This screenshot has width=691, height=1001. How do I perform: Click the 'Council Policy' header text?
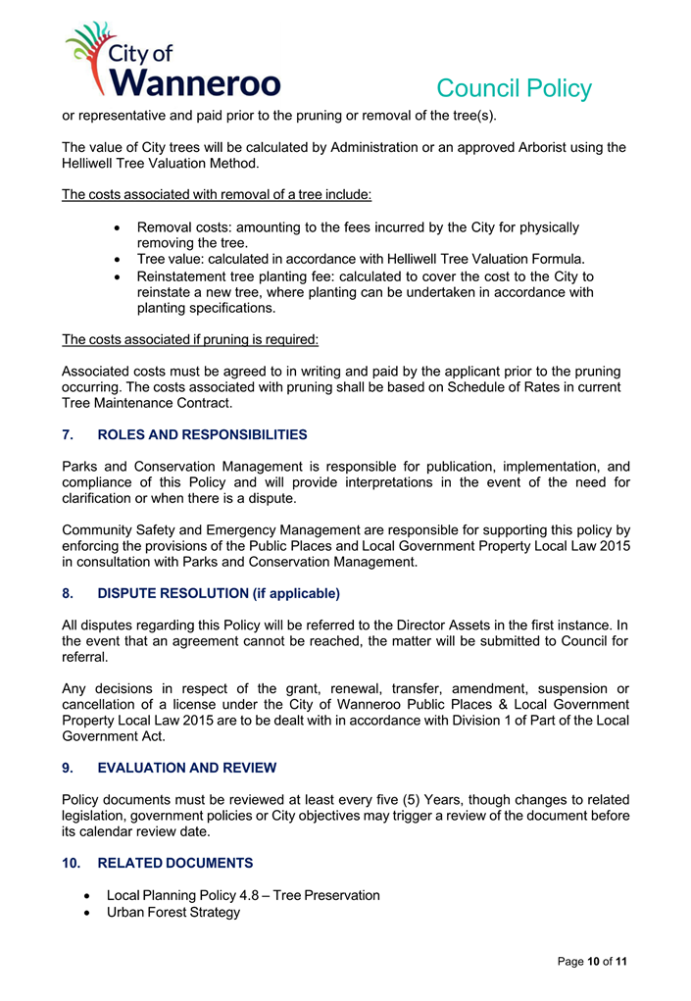[x=514, y=88]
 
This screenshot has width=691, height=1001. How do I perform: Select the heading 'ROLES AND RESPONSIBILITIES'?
[x=202, y=434]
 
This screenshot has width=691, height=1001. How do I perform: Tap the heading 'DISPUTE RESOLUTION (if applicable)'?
[x=218, y=593]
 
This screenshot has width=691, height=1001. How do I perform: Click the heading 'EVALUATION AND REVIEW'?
[x=186, y=768]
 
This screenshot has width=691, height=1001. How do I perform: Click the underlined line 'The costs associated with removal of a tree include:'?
[x=217, y=194]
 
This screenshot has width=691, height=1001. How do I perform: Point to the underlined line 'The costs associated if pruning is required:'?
[x=190, y=339]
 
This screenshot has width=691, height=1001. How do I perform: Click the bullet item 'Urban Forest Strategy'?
[x=173, y=913]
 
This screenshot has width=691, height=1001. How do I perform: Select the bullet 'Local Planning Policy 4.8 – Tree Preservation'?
[x=243, y=895]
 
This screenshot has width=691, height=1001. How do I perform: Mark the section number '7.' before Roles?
[x=69, y=434]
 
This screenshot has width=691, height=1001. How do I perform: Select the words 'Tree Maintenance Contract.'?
[x=147, y=403]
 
